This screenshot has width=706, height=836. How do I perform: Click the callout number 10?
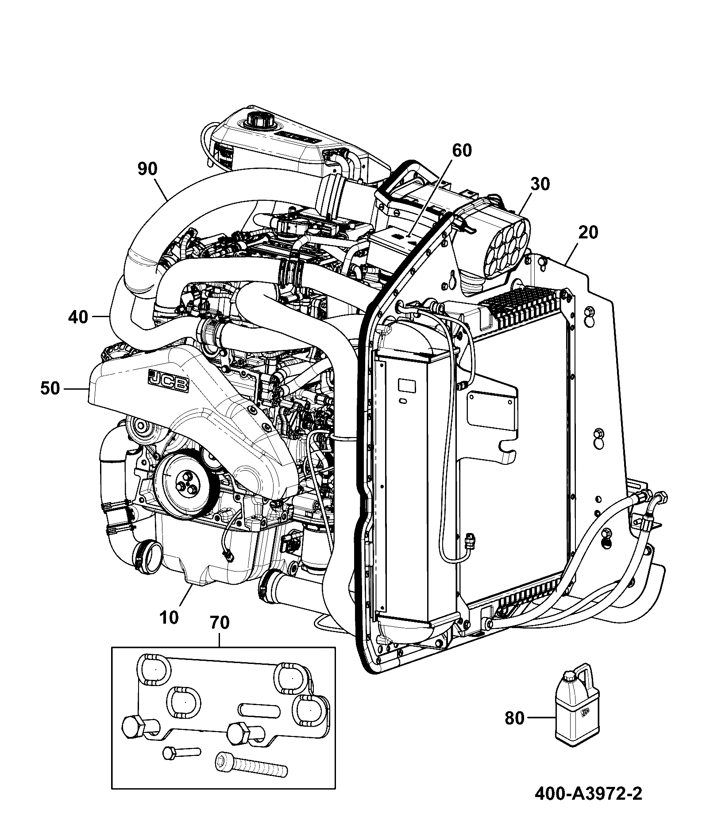[169, 617]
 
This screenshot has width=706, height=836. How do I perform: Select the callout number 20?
[587, 232]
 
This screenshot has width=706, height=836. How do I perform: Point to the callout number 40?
[78, 317]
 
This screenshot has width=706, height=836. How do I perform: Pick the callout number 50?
[49, 388]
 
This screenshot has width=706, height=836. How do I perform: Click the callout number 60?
[462, 150]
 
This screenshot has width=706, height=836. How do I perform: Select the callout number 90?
[147, 169]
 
